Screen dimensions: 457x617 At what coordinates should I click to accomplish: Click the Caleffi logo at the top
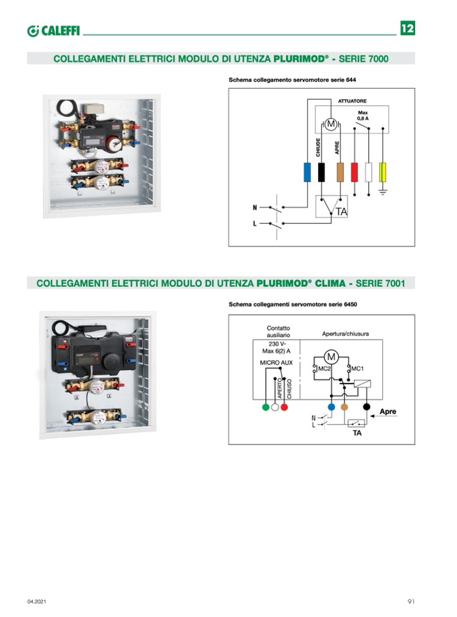[x=53, y=31]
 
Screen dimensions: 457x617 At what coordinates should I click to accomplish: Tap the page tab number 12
[x=407, y=28]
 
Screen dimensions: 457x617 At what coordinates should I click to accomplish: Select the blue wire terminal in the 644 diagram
[x=307, y=172]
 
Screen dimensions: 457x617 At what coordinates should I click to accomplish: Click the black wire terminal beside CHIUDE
[x=321, y=172]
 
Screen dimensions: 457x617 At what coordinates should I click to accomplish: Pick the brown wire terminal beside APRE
[x=340, y=172]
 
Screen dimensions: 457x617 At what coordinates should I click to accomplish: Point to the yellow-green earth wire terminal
[x=382, y=172]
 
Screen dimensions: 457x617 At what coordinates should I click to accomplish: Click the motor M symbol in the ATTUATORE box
[x=331, y=124]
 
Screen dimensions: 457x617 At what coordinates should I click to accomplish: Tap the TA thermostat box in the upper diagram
[x=331, y=207]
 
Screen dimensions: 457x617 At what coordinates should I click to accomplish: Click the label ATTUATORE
[x=352, y=101]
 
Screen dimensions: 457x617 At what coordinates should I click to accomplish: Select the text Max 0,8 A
[x=362, y=115]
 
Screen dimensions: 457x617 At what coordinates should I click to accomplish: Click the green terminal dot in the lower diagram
[x=266, y=407]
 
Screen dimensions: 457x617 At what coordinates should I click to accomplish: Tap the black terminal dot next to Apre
[x=366, y=407]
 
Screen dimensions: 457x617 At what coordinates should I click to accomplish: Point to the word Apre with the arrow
[x=387, y=412]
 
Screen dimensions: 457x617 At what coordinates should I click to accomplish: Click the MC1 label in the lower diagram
[x=357, y=369]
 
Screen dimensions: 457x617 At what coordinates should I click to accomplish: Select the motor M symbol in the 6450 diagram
[x=331, y=357]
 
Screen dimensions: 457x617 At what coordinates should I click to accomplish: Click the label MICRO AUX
[x=276, y=363]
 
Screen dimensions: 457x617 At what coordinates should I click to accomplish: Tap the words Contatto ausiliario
[x=278, y=331]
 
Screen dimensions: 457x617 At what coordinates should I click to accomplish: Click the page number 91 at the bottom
[x=411, y=602]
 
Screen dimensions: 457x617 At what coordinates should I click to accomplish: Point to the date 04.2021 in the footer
[x=37, y=602]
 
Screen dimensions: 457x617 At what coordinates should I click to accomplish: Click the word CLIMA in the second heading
[x=330, y=283]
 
